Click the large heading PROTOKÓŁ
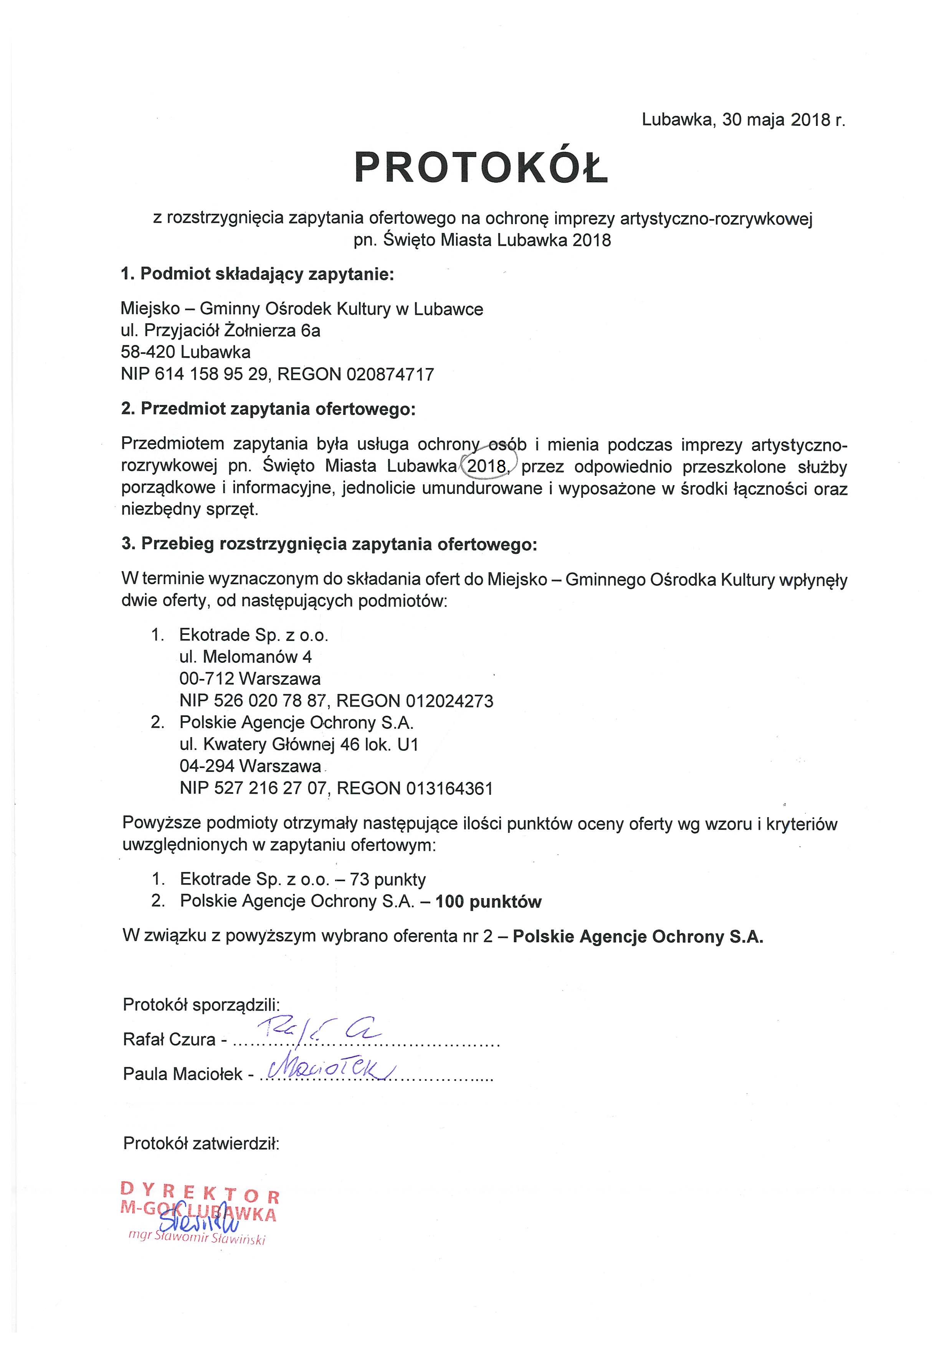coord(481,168)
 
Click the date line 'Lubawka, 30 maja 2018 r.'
coord(743,120)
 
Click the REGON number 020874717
coord(390,374)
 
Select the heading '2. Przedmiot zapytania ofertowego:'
coord(268,409)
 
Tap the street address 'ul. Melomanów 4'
coord(246,657)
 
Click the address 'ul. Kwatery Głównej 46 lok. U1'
coord(299,745)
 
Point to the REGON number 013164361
coord(450,788)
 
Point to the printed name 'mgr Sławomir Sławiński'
coord(198,1239)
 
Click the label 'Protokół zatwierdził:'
coord(201,1143)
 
